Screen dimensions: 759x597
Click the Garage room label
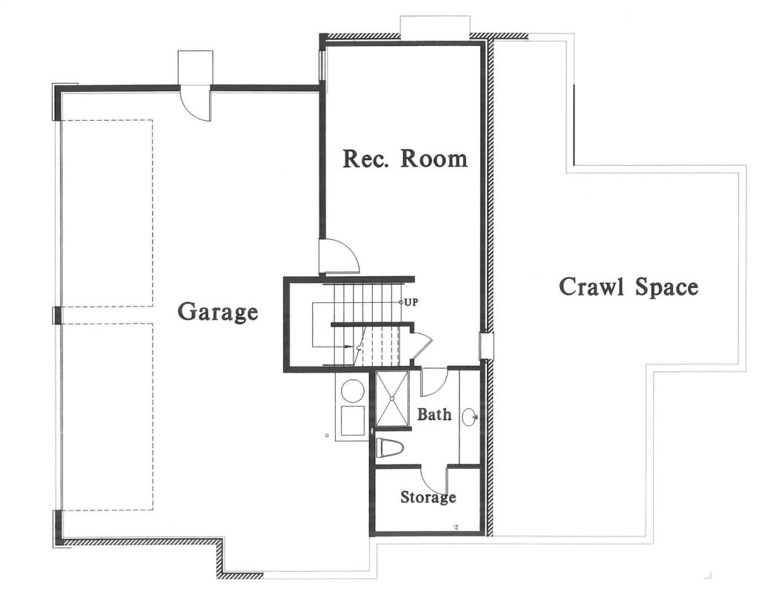[x=218, y=312]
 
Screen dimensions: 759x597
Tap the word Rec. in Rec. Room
[x=366, y=159]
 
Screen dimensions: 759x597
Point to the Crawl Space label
[x=629, y=287]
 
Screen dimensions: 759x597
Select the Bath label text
[x=434, y=414]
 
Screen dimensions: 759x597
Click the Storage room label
[x=428, y=497]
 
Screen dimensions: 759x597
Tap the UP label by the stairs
[x=411, y=302]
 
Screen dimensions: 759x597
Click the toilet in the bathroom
[x=390, y=447]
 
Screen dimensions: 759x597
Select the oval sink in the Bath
[x=469, y=416]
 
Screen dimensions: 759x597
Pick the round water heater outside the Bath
[x=353, y=390]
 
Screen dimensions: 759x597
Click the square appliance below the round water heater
[x=352, y=421]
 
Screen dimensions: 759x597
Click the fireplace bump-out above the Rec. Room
[x=435, y=27]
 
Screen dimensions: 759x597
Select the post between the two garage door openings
[x=57, y=315]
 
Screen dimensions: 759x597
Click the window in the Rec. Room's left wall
[x=322, y=64]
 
